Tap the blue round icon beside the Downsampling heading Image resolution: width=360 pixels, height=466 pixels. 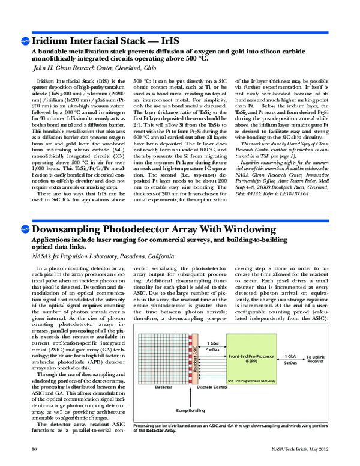25,180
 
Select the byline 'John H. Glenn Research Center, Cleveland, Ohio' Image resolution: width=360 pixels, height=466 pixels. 98,69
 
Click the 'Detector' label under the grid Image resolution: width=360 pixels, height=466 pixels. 164,388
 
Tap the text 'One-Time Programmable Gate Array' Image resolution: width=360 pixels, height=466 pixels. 251,380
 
